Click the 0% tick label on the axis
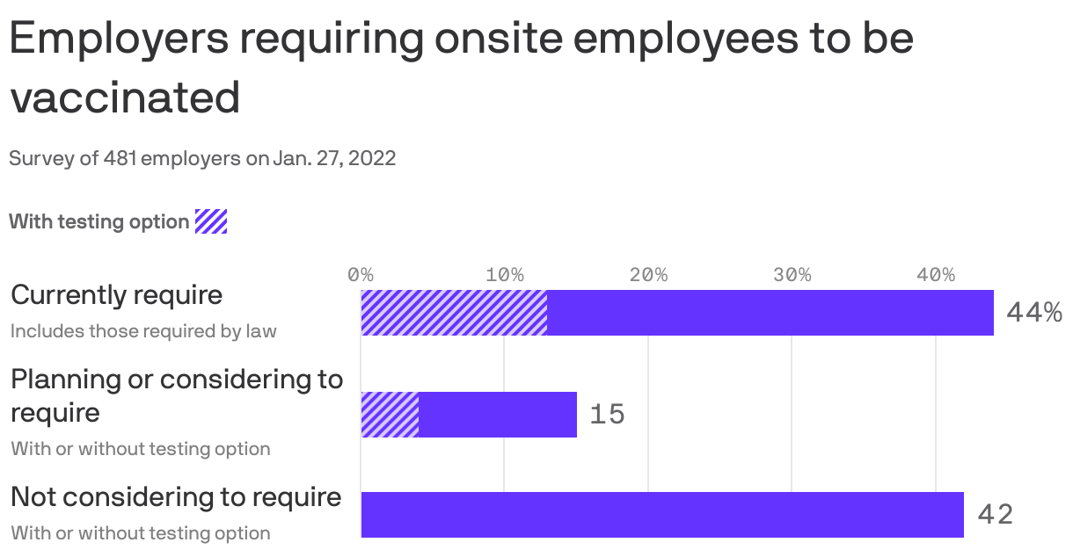click(x=361, y=274)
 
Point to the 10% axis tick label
click(x=504, y=274)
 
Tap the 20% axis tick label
click(x=648, y=274)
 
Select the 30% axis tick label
click(x=792, y=274)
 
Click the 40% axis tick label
click(x=936, y=274)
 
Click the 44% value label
click(x=1033, y=313)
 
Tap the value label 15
click(x=607, y=415)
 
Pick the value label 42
click(x=996, y=515)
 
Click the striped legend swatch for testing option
click(x=211, y=221)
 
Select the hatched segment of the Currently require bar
click(x=454, y=313)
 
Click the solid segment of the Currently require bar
click(x=770, y=313)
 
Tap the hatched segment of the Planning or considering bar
click(x=390, y=415)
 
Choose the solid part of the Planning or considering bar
click(x=498, y=415)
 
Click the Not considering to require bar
click(x=662, y=515)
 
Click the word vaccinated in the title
click(x=125, y=97)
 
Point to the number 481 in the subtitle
click(x=120, y=159)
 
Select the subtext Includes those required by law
click(x=143, y=331)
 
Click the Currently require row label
click(x=116, y=294)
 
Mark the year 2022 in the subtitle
click(x=376, y=159)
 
